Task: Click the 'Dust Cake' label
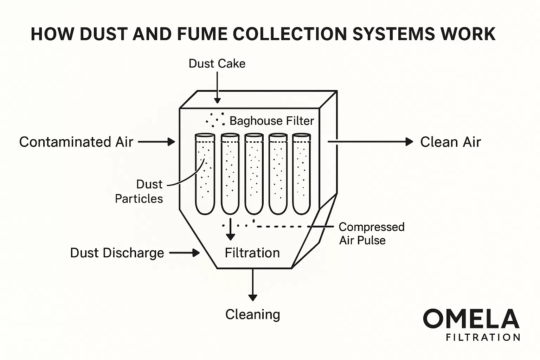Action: pyautogui.click(x=217, y=64)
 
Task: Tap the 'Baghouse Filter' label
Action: pyautogui.click(x=271, y=121)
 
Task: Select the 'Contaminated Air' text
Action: pyautogui.click(x=76, y=142)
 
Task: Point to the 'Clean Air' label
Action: pyautogui.click(x=450, y=142)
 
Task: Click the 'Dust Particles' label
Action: pyautogui.click(x=140, y=192)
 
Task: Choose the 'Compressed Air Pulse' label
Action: pyautogui.click(x=371, y=233)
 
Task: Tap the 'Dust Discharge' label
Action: pyautogui.click(x=117, y=253)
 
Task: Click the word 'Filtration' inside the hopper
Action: pyautogui.click(x=252, y=253)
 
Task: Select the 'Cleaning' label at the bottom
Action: pyautogui.click(x=252, y=314)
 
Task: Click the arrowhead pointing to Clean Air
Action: pyautogui.click(x=409, y=142)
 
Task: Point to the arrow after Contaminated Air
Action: pyautogui.click(x=157, y=142)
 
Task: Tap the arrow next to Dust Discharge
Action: pyautogui.click(x=185, y=253)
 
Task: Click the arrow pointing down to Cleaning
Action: pyautogui.click(x=252, y=285)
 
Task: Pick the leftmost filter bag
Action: pyautogui.click(x=205, y=174)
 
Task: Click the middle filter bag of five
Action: pyautogui.click(x=254, y=174)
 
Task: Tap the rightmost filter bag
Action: pyautogui.click(x=302, y=174)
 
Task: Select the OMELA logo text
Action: pyautogui.click(x=471, y=319)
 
